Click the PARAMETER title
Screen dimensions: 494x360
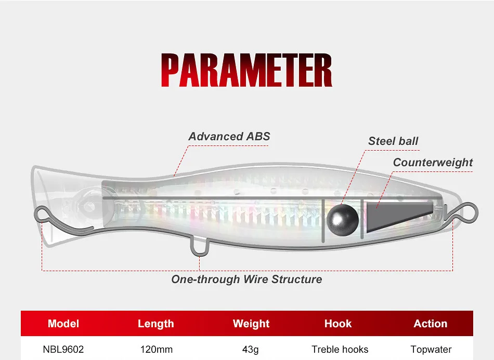[246, 70]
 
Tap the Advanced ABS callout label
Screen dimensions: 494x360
[229, 136]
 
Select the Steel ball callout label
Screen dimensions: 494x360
[393, 141]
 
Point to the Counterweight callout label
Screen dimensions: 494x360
[433, 163]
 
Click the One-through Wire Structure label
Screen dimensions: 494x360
[246, 279]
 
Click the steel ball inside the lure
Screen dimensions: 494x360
[343, 220]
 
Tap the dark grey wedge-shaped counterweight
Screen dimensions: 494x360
[399, 217]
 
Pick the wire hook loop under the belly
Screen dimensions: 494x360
[200, 247]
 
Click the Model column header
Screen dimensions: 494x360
[63, 324]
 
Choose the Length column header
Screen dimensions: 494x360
[155, 324]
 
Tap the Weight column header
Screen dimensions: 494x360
[251, 324]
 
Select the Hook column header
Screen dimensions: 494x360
[338, 324]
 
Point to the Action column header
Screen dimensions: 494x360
[431, 324]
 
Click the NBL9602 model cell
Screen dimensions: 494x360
[63, 349]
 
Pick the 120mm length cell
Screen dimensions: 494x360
[157, 349]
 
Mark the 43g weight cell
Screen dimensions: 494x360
[251, 350]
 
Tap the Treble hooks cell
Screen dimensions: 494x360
[340, 349]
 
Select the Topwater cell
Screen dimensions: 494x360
[431, 350]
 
